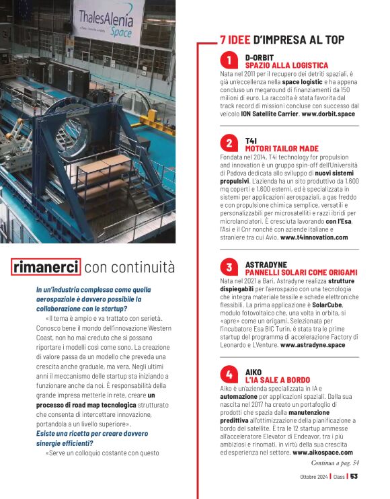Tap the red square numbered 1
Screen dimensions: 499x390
pos(229,61)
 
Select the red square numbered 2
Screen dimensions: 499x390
pos(229,143)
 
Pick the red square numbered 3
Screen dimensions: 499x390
pos(229,267)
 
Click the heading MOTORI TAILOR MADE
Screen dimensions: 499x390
pos(282,148)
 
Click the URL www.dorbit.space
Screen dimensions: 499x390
pos(328,114)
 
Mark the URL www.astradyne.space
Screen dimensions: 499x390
pos(313,345)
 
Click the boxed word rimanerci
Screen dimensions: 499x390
pos(46,267)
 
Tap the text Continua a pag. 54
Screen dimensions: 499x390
pos(335,463)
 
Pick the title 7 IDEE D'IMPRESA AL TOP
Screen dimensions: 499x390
pos(282,40)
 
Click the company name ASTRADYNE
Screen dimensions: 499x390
pos(266,263)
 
